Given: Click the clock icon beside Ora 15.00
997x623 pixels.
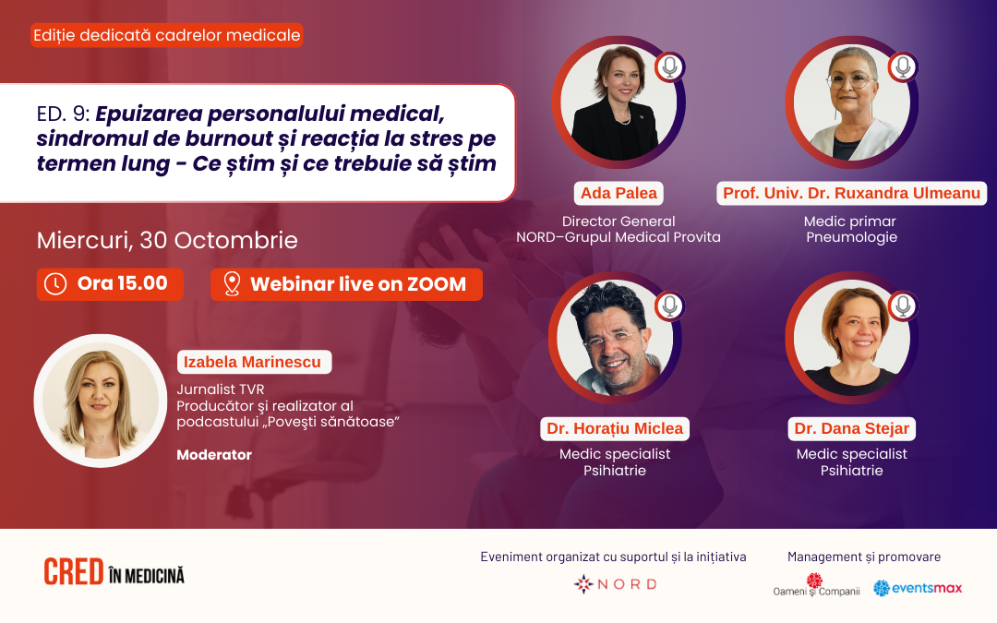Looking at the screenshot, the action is tap(55, 284).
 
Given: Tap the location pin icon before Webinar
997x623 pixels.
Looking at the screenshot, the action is tap(232, 284).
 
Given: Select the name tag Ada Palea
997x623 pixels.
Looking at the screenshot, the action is tap(619, 193).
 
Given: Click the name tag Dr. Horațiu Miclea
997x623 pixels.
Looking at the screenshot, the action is tap(615, 428).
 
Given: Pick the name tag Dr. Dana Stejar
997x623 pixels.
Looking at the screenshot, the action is tap(851, 428).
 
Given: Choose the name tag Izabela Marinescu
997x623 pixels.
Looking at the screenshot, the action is tap(255, 362).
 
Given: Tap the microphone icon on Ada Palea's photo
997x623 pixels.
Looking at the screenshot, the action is tap(669, 66).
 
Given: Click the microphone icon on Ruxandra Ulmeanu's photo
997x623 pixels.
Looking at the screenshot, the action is tap(903, 66).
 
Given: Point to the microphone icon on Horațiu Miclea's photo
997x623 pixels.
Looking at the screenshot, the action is tap(669, 306).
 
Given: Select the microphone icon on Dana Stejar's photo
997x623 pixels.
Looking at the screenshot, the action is tap(903, 306).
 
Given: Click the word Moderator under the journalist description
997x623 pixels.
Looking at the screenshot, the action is tap(214, 455).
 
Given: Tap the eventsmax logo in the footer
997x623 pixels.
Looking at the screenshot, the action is tap(918, 588).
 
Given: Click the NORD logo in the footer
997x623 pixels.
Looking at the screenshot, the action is tap(616, 584).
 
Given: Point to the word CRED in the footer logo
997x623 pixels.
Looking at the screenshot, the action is tap(74, 572).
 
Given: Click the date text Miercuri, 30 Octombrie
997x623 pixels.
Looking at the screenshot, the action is tap(167, 240).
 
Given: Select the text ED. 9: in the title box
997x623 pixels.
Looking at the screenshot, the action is tap(63, 114).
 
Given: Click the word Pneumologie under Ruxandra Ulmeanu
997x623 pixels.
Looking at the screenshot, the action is tap(851, 237).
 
